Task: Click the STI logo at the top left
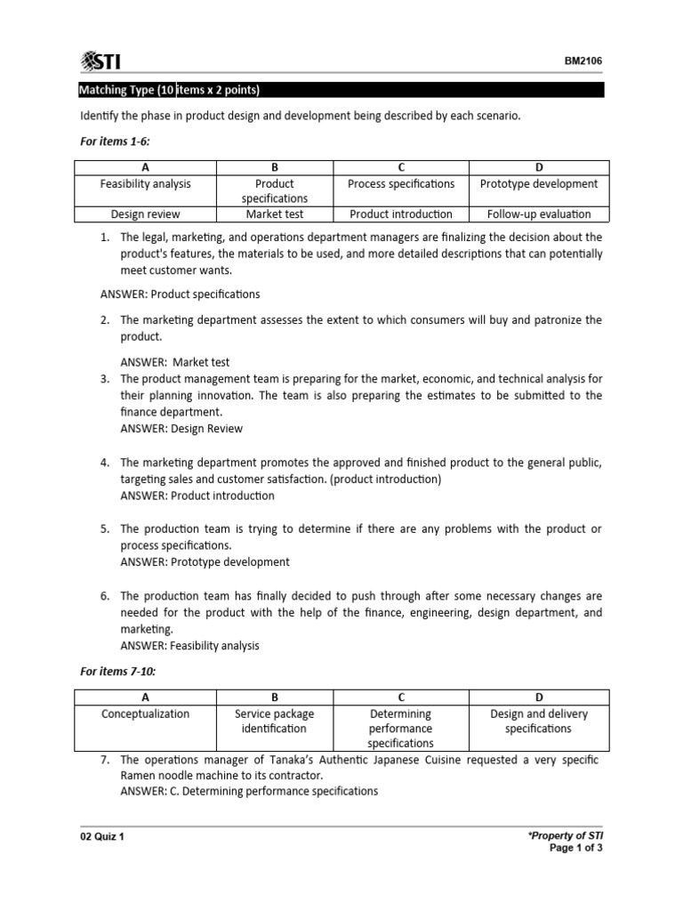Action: tap(100, 61)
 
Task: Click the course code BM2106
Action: tap(583, 61)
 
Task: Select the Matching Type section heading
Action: tap(169, 90)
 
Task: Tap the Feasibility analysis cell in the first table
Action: tap(145, 184)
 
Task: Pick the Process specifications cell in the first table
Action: tap(401, 184)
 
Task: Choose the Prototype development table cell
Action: tap(539, 184)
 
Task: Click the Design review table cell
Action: tap(145, 214)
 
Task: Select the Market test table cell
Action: tap(275, 214)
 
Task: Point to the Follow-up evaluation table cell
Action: tap(539, 214)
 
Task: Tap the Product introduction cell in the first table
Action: tap(401, 214)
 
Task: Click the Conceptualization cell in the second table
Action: tap(145, 713)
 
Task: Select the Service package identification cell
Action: tap(274, 721)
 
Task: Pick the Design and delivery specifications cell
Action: tap(539, 721)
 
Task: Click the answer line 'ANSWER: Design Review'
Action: tap(181, 429)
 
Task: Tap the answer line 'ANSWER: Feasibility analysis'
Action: tap(189, 646)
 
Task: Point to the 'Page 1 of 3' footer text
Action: tap(577, 849)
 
